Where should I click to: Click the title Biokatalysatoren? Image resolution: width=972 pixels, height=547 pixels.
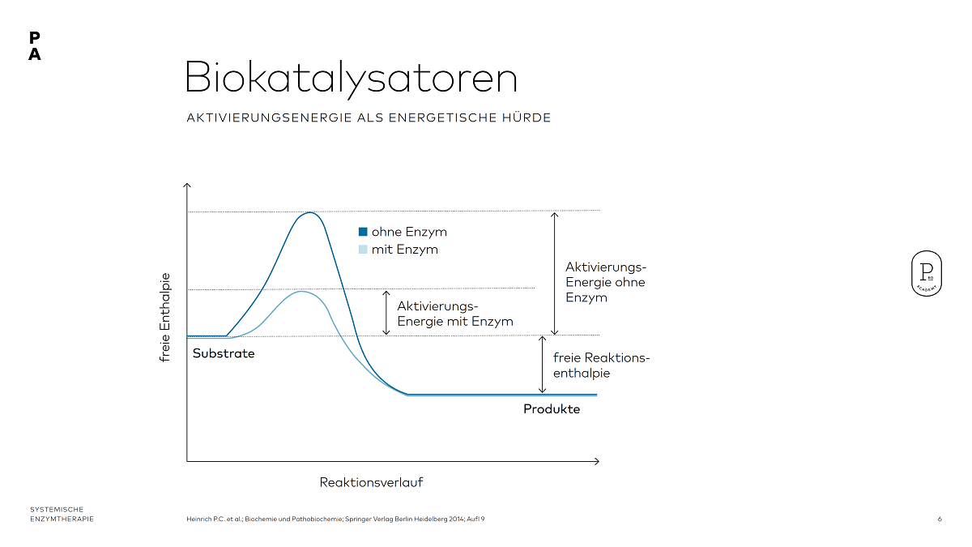(x=351, y=79)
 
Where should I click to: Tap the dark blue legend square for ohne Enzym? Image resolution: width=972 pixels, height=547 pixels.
(x=363, y=232)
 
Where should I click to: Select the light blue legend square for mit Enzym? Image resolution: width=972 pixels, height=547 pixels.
(x=363, y=250)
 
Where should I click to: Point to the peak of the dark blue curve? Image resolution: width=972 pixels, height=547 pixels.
(x=309, y=213)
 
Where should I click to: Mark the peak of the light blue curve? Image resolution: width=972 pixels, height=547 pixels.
(x=301, y=291)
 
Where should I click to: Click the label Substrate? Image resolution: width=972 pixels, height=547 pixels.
(x=224, y=353)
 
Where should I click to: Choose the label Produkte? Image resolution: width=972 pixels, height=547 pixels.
(x=552, y=409)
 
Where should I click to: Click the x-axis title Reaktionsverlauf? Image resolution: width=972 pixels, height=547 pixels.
(x=371, y=482)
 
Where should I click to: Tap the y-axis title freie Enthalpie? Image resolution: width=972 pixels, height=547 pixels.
(x=166, y=316)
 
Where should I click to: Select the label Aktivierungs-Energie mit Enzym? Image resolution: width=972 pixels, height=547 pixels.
(x=455, y=314)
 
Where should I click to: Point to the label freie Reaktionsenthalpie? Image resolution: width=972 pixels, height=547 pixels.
(x=601, y=365)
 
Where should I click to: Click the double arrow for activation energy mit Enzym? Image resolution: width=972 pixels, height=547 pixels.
(x=386, y=312)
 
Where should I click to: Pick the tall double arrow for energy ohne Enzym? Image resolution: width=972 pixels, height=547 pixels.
(x=554, y=273)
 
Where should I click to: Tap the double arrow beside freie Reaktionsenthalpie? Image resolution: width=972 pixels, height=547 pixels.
(x=542, y=365)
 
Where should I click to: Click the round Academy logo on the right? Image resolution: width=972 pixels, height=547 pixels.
(x=926, y=274)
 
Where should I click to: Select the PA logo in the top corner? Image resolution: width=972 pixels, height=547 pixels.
(x=34, y=46)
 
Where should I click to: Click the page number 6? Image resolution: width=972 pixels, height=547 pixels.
(x=940, y=519)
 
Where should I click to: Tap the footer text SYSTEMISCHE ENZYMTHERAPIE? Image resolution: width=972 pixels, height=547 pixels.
(x=62, y=514)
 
